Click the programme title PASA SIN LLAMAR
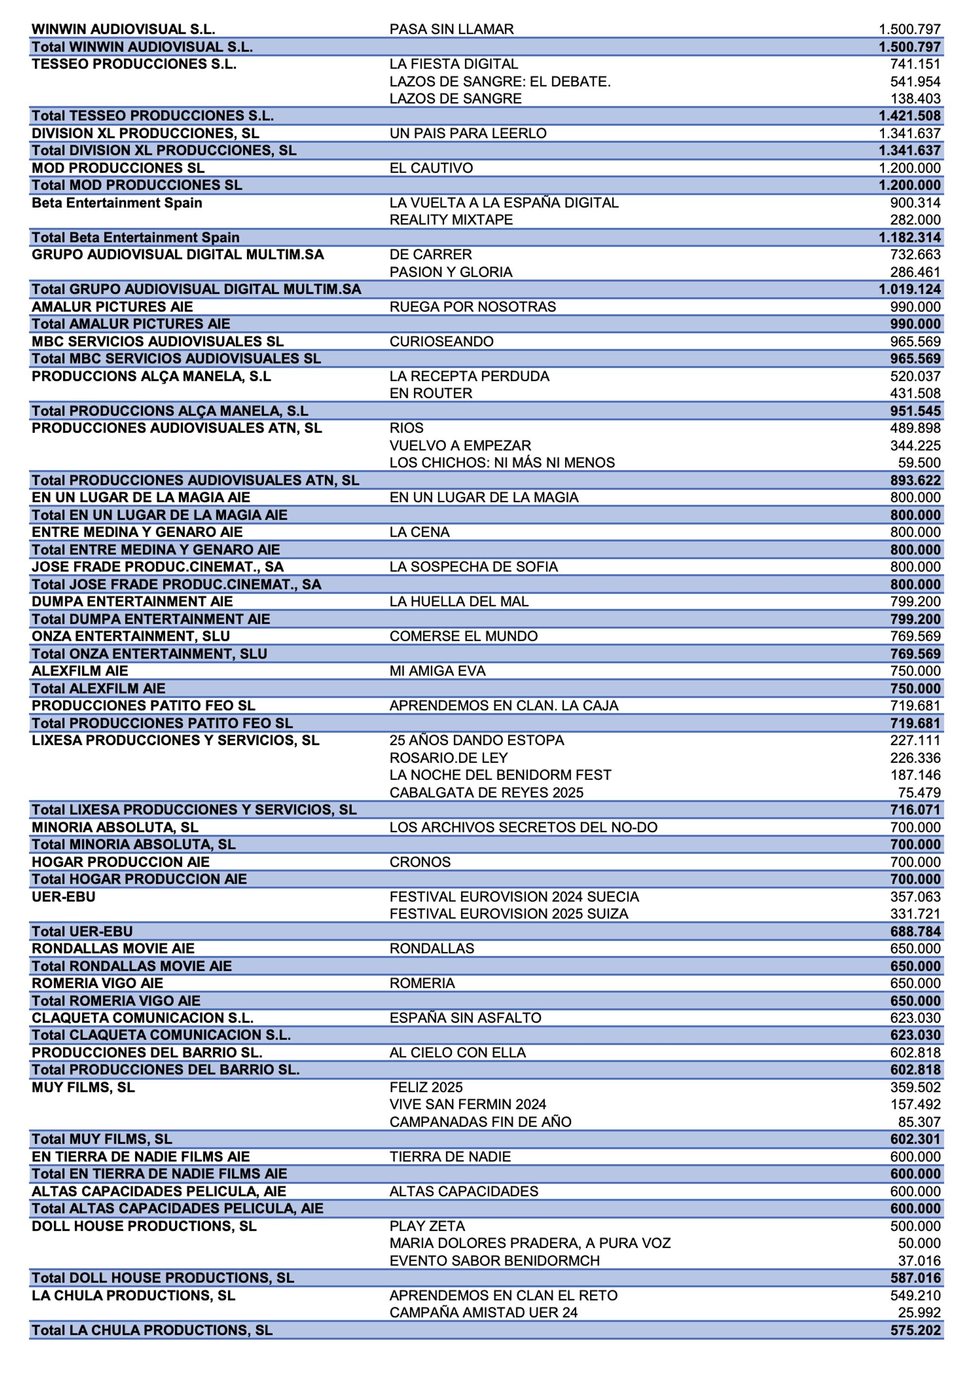coord(451,29)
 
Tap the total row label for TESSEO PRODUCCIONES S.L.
coord(153,116)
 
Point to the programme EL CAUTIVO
coord(430,168)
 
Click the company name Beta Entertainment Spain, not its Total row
coord(117,203)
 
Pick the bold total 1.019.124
coord(909,290)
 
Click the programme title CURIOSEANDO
coord(441,341)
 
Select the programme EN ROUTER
coord(430,393)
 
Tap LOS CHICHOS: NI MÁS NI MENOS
coord(502,463)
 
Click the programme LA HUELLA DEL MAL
coord(458,601)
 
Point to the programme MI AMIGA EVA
coord(437,671)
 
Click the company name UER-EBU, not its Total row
coord(63,897)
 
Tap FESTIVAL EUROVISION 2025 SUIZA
coord(508,914)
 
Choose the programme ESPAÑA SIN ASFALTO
coord(465,1018)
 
